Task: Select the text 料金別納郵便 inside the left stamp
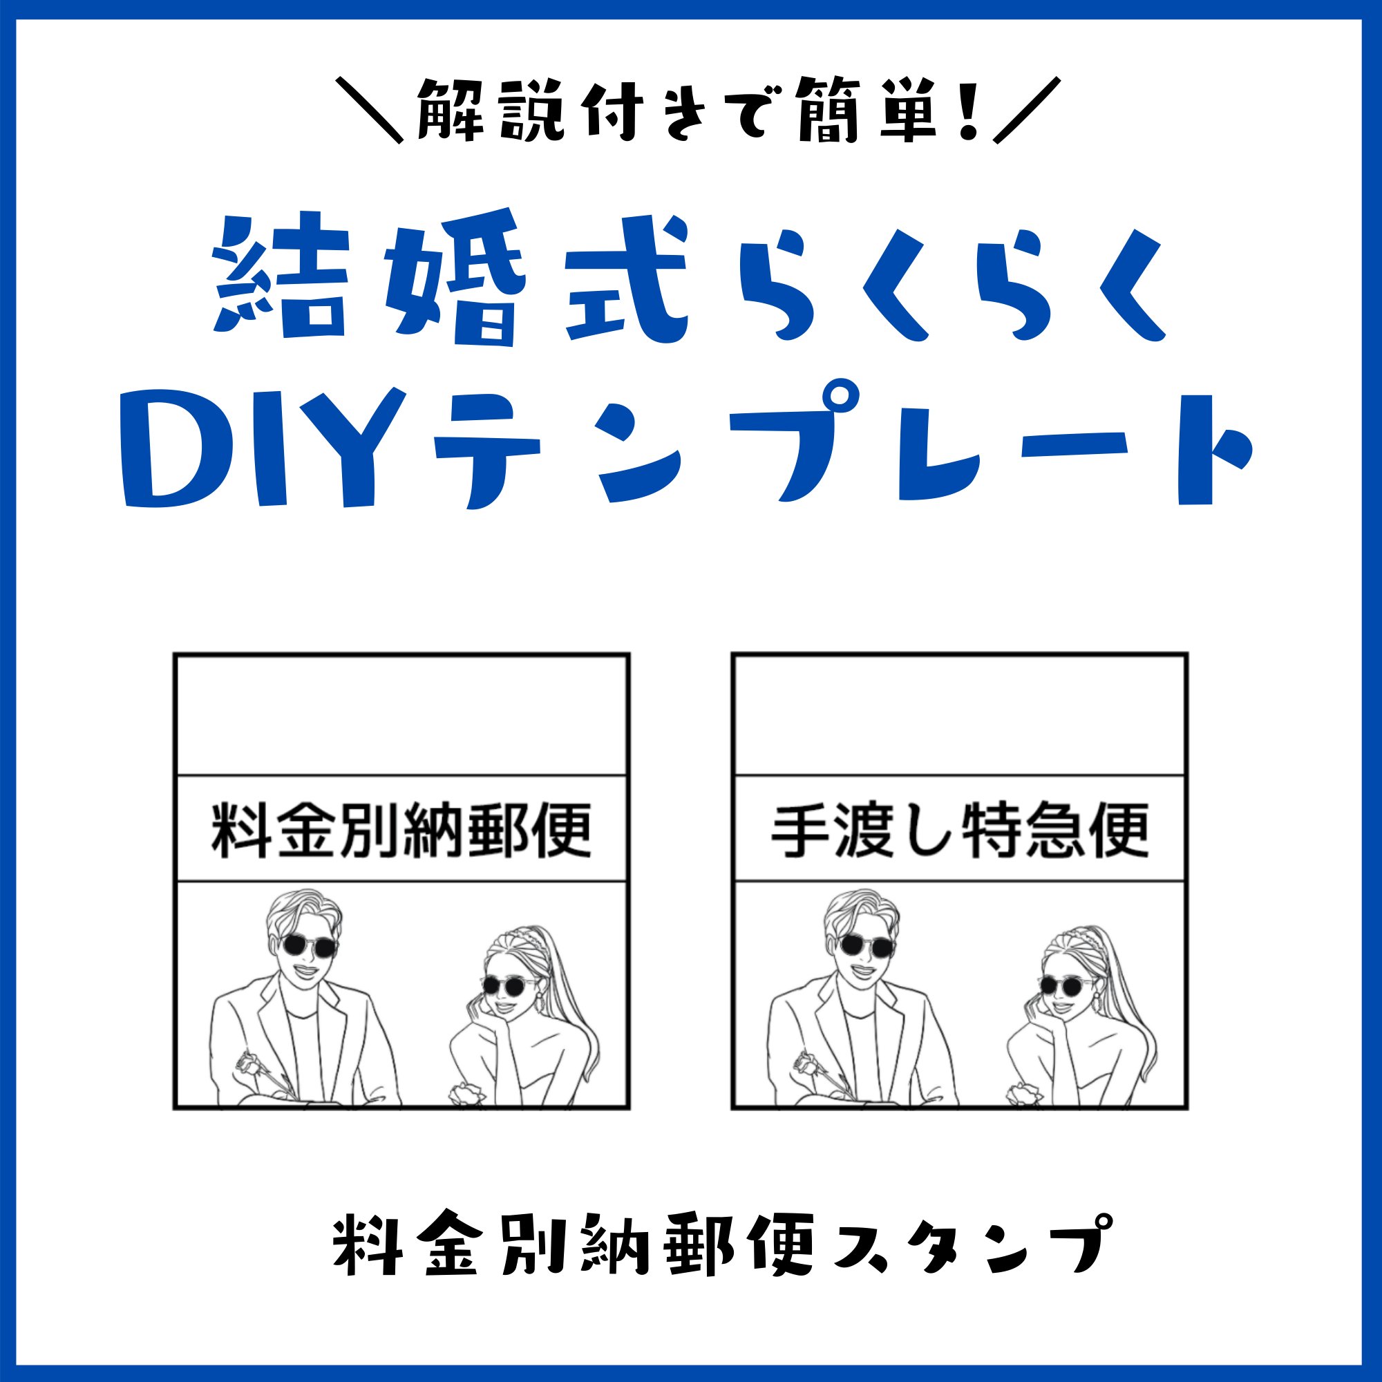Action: (401, 830)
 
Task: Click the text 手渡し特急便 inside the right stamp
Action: (960, 830)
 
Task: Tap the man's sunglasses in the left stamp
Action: (308, 947)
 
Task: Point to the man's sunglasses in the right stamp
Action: (867, 947)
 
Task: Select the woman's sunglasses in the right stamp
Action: (1065, 987)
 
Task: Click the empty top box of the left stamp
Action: (401, 714)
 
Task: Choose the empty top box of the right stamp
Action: (960, 714)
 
